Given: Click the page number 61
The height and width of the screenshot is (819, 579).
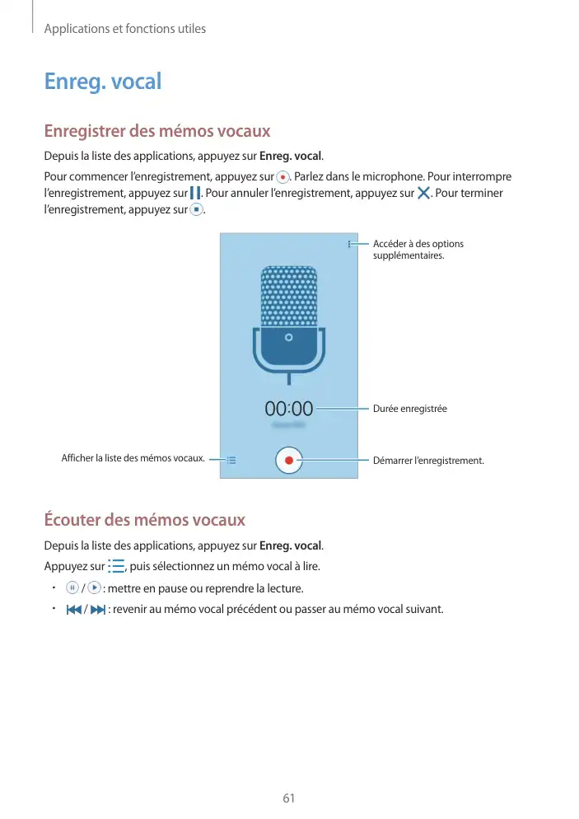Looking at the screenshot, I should tap(288, 798).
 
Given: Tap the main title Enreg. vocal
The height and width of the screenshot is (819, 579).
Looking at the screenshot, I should tap(103, 82).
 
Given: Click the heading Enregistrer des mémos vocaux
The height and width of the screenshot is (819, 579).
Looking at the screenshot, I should tap(156, 131).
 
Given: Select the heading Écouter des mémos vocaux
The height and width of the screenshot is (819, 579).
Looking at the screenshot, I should tap(144, 520).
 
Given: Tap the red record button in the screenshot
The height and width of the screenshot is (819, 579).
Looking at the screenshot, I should tap(288, 461).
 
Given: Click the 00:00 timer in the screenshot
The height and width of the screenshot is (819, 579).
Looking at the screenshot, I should tap(288, 408).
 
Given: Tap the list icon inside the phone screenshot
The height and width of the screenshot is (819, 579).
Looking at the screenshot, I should tap(231, 461).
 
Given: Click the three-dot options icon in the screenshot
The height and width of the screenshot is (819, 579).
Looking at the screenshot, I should tap(349, 244).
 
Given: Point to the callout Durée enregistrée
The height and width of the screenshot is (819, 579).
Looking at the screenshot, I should tap(410, 409).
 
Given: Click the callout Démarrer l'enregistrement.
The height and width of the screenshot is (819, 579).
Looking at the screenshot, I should tap(428, 461).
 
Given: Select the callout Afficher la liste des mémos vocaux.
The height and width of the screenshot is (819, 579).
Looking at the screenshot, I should tap(133, 458).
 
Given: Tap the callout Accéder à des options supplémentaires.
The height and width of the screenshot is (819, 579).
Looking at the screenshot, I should tap(418, 250).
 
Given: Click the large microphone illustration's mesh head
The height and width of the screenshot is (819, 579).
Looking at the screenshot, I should tap(288, 297).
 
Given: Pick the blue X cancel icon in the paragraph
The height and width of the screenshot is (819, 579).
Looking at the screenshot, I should tap(424, 194).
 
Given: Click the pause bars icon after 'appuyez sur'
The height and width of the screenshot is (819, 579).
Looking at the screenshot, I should tap(194, 194).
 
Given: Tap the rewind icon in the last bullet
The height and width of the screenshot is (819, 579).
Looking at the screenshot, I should tap(72, 610).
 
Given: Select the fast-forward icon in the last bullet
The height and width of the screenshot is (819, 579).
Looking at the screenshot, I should tap(98, 610).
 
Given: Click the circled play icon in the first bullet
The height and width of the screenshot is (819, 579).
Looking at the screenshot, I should tap(94, 588).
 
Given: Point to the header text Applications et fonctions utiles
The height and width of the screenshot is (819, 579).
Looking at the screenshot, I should tap(124, 29).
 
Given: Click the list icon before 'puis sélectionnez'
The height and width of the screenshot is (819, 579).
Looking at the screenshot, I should tap(116, 566).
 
